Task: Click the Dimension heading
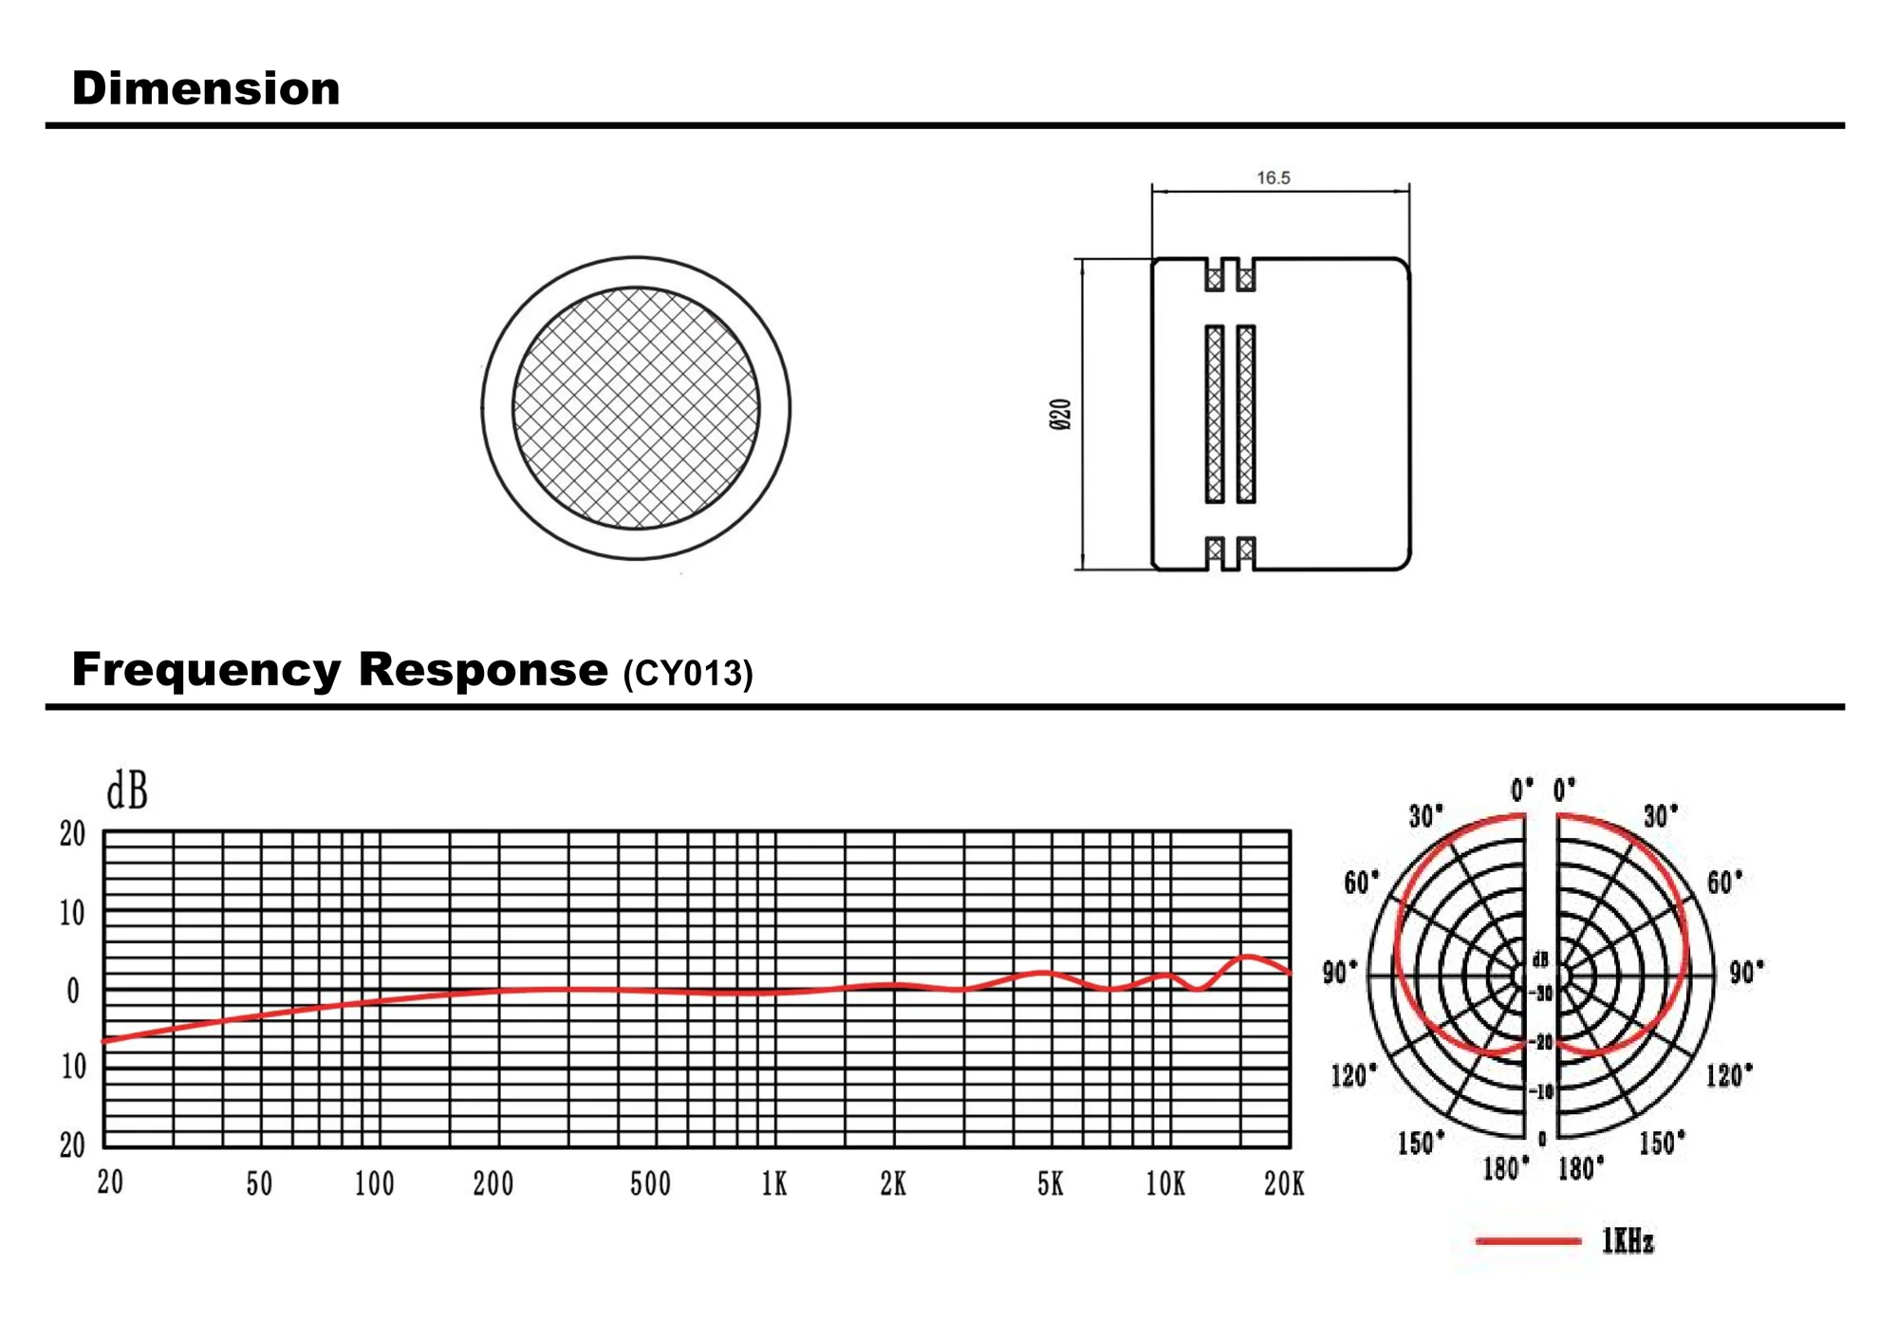tap(206, 88)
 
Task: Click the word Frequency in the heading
tap(206, 671)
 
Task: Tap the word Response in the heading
tap(483, 669)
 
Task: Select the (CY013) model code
tap(688, 673)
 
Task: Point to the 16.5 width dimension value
tap(1274, 177)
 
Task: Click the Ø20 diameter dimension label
tap(1061, 415)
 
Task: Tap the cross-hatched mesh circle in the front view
tap(636, 408)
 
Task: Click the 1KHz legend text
tap(1628, 1241)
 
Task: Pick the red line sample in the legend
tap(1528, 1240)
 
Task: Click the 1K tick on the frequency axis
tap(774, 1183)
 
